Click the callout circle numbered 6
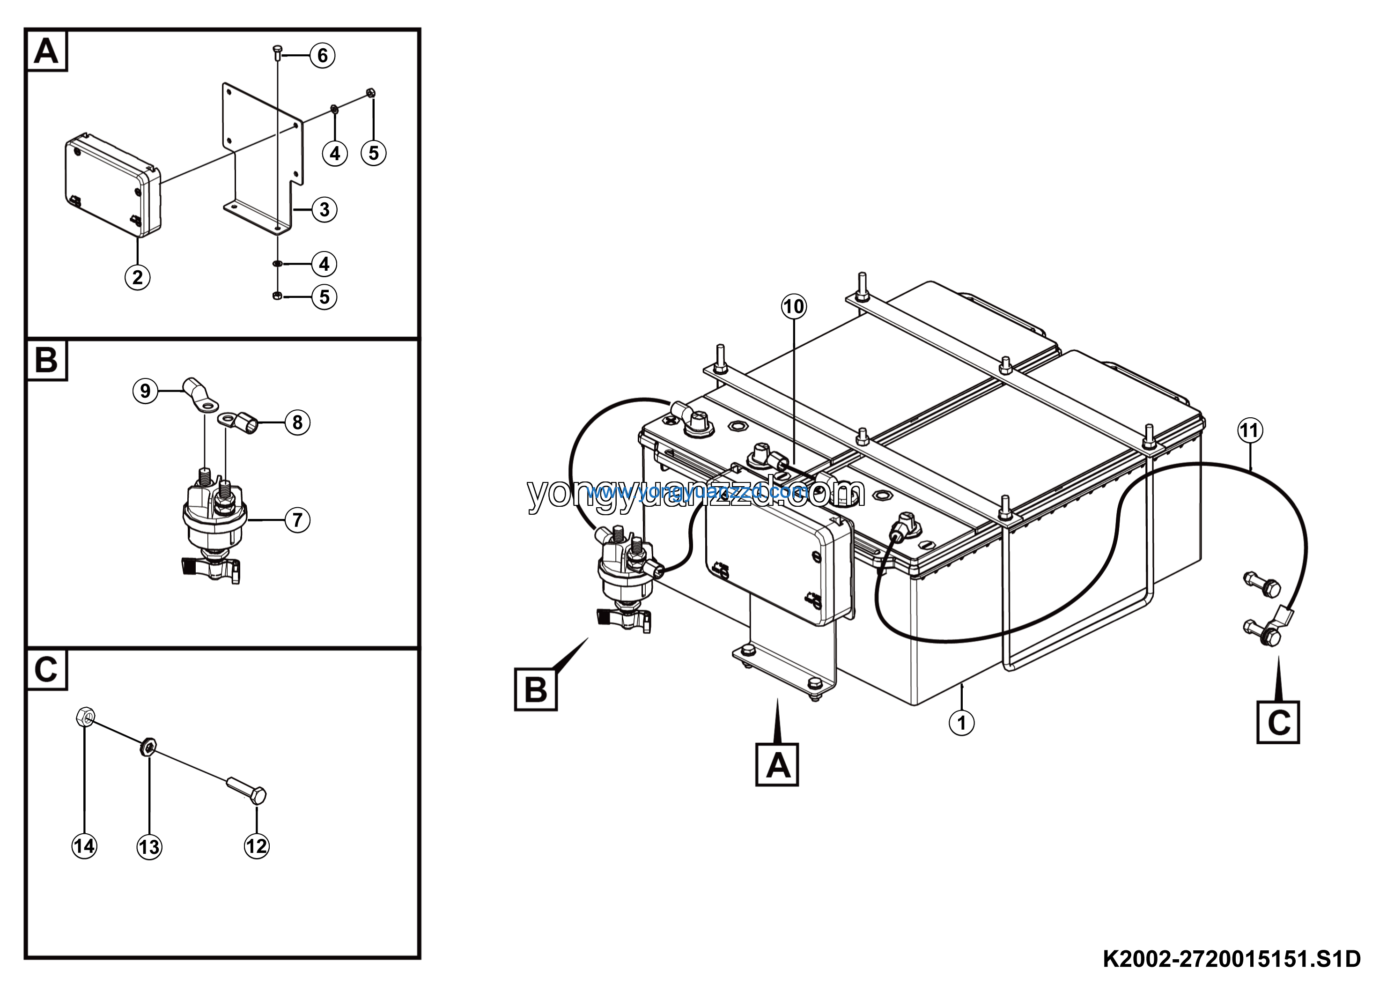(x=322, y=56)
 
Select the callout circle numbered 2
(x=137, y=278)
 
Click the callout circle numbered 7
(x=297, y=520)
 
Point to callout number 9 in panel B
(x=145, y=391)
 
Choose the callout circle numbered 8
(x=297, y=422)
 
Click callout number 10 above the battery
(x=794, y=307)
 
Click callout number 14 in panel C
(x=84, y=846)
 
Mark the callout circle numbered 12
(x=256, y=846)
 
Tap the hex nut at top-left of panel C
(x=84, y=717)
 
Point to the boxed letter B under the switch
(x=536, y=690)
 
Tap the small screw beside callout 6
(x=278, y=52)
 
